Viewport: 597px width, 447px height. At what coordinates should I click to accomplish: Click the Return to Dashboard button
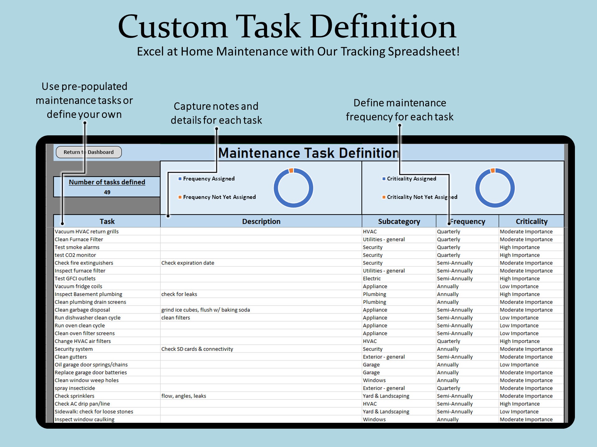pyautogui.click(x=89, y=152)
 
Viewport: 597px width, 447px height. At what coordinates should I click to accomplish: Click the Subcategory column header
pyautogui.click(x=399, y=221)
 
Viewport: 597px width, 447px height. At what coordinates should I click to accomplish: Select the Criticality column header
pyautogui.click(x=531, y=221)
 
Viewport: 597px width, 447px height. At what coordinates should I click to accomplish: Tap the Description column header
pyautogui.click(x=261, y=221)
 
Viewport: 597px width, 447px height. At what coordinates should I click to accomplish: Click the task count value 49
pyautogui.click(x=107, y=192)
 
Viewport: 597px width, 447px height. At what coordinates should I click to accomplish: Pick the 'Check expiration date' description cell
pyautogui.click(x=187, y=263)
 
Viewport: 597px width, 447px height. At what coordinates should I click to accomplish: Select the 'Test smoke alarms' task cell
pyautogui.click(x=77, y=247)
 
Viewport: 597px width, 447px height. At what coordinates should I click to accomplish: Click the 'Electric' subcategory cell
pyautogui.click(x=372, y=279)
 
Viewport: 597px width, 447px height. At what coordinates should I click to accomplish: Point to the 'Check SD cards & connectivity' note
pyautogui.click(x=197, y=349)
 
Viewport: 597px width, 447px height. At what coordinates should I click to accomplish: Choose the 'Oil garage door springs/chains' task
pyautogui.click(x=91, y=365)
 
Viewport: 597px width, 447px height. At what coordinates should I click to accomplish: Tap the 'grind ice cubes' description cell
pyautogui.click(x=206, y=310)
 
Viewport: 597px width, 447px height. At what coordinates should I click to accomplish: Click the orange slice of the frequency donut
pyautogui.click(x=291, y=170)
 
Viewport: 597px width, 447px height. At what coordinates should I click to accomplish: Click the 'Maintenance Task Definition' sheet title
pyautogui.click(x=308, y=153)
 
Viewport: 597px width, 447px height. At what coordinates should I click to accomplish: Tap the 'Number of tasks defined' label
pyautogui.click(x=107, y=182)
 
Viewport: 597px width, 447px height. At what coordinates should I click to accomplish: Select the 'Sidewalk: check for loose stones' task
pyautogui.click(x=94, y=412)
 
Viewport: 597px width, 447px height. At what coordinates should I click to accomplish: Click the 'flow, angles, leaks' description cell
pyautogui.click(x=183, y=396)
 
